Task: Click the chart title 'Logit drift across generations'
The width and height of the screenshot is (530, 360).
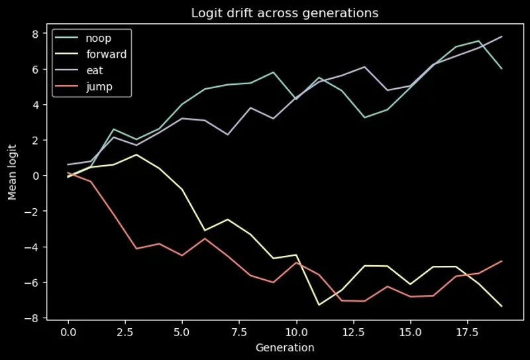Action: point(285,13)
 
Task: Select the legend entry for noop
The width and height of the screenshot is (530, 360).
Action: point(99,38)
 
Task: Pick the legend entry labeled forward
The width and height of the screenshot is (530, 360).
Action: point(106,54)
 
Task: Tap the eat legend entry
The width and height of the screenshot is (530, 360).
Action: point(95,70)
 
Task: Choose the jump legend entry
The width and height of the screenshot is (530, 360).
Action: point(99,87)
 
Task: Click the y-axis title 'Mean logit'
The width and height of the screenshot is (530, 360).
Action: point(12,175)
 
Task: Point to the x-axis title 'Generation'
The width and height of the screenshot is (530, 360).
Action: point(285,347)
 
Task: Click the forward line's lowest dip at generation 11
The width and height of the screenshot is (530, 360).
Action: point(319,305)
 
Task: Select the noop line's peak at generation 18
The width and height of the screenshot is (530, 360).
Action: point(478,41)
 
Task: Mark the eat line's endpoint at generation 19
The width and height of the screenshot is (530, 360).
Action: point(502,36)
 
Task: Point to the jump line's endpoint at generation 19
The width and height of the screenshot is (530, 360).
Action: point(502,261)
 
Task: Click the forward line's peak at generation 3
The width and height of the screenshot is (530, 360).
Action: point(136,154)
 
